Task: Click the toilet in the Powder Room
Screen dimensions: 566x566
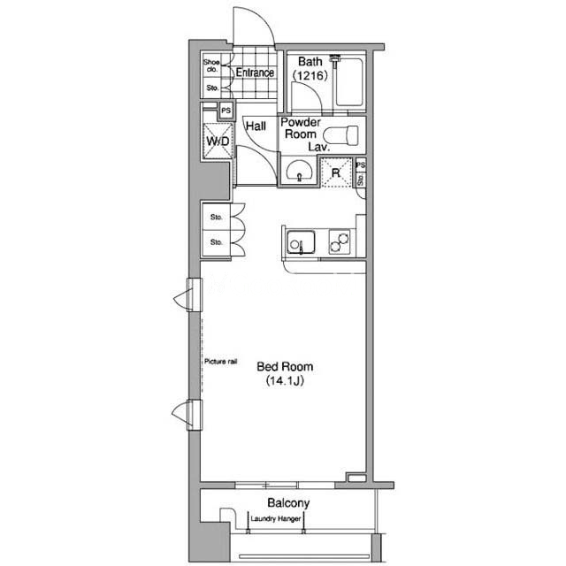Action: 340,135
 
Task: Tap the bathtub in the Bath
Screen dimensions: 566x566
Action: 349,82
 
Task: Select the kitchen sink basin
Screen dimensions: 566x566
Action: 301,242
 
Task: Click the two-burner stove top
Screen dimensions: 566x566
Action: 340,241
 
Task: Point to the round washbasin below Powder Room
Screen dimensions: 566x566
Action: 299,171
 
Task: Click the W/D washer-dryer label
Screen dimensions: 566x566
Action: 218,141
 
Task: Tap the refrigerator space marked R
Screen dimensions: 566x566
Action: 336,173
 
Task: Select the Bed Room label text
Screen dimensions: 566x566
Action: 285,367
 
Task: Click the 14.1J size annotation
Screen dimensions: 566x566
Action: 285,381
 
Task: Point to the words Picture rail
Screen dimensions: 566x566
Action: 220,362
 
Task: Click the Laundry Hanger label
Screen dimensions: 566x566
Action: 275,519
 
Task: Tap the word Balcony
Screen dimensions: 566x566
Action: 288,503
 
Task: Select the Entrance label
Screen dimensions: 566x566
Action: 255,73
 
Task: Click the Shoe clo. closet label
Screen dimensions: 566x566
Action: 211,65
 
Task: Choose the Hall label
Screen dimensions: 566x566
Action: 256,126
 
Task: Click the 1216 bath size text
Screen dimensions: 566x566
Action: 310,75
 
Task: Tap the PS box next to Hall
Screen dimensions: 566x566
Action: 226,111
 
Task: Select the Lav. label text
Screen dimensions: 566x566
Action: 319,147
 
